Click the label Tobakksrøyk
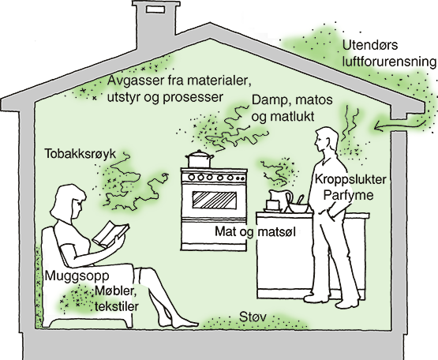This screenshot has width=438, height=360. [x=80, y=154]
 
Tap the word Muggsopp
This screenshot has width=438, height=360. [x=77, y=276]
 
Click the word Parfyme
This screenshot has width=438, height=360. [x=348, y=195]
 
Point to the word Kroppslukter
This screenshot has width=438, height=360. [x=350, y=179]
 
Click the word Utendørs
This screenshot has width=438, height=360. [x=370, y=45]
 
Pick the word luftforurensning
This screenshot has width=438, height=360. [x=389, y=62]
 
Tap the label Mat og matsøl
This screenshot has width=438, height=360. [x=255, y=231]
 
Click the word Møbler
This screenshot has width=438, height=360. [x=115, y=291]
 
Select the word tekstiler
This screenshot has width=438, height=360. [x=117, y=306]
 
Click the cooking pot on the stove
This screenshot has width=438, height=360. [x=200, y=159]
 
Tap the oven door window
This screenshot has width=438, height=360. [x=214, y=200]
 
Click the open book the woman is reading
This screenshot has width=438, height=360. [x=110, y=234]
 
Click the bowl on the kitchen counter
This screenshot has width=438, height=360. [x=299, y=208]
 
